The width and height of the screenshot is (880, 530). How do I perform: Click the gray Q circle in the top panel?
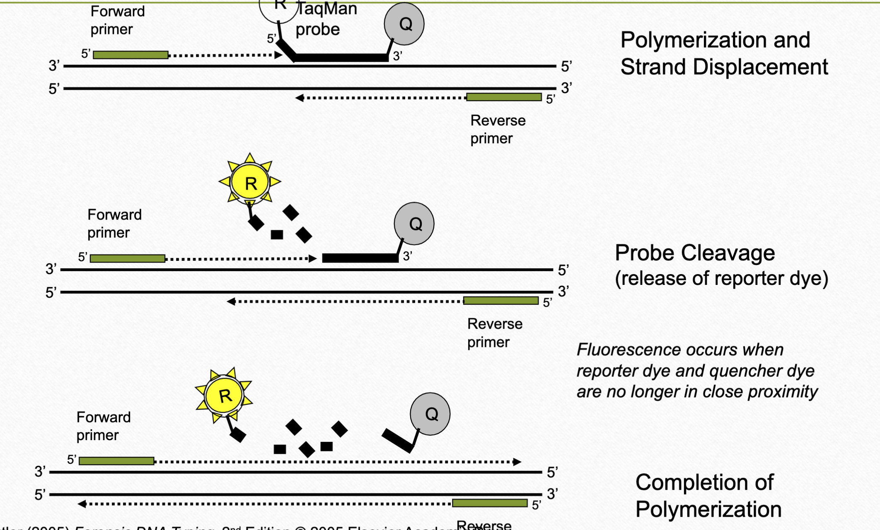click(404, 24)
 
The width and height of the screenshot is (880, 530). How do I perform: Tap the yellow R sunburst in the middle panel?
click(250, 182)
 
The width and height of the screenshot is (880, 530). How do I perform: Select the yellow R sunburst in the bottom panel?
click(224, 396)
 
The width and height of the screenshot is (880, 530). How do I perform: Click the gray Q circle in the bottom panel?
click(430, 414)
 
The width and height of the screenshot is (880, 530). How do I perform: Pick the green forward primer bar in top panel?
click(131, 55)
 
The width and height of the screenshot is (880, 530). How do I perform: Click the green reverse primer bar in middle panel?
click(500, 301)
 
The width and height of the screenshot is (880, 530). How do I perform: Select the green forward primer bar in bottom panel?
click(116, 461)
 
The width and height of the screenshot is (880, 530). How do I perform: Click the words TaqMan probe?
click(326, 19)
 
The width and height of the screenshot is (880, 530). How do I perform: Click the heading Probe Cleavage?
click(694, 253)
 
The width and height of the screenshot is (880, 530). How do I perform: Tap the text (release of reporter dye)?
click(721, 278)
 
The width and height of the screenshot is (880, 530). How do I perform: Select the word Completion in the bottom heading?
click(704, 482)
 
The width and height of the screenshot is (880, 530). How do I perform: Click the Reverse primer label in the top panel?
click(497, 129)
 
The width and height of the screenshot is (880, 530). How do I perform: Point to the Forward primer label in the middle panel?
click(114, 224)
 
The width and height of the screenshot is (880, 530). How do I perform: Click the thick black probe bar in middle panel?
click(360, 258)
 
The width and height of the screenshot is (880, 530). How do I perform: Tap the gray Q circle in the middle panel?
click(414, 224)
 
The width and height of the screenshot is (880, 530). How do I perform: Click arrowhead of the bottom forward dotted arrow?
click(517, 462)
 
